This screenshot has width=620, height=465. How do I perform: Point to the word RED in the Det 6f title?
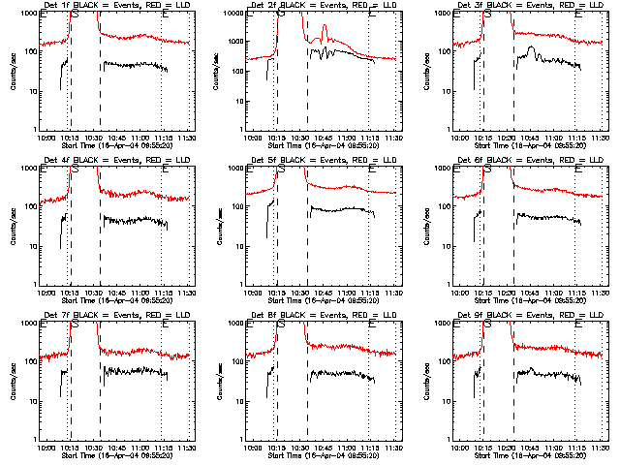pos(550,161)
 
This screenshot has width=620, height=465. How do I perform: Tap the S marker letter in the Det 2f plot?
pos(281,14)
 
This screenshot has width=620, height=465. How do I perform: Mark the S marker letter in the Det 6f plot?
pos(487,169)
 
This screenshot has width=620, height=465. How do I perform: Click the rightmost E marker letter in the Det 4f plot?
pos(167,169)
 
